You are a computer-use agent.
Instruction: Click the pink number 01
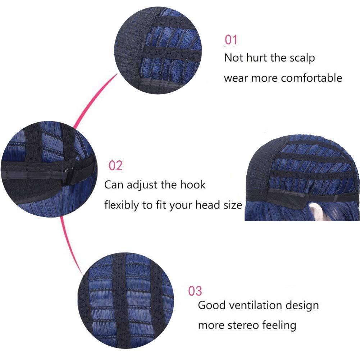(x=231, y=40)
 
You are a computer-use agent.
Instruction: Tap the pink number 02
(x=115, y=165)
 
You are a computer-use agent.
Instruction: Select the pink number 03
(x=195, y=291)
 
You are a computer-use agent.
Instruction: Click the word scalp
(x=302, y=58)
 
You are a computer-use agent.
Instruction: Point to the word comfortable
(x=311, y=78)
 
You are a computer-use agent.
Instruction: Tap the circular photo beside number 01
(x=158, y=50)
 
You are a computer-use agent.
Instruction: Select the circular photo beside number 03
(x=126, y=301)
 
